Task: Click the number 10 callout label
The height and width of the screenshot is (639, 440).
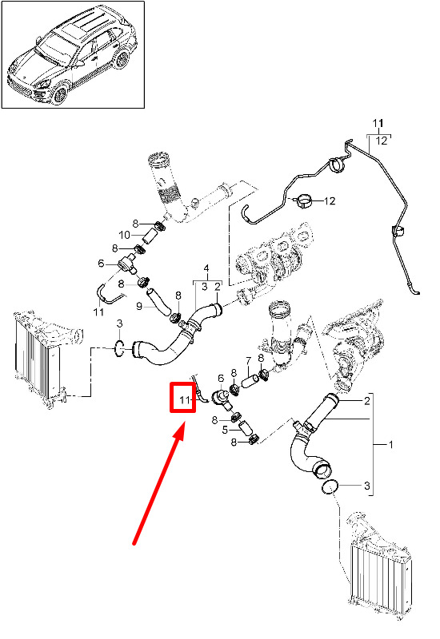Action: [x=124, y=235]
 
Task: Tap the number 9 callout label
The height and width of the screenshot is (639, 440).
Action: [x=139, y=306]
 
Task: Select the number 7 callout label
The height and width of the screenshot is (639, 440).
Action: [x=248, y=361]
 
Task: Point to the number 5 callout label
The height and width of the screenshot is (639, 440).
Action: [x=225, y=430]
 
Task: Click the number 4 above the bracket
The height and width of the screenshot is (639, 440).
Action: [x=206, y=268]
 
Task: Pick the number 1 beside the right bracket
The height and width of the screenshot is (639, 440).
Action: [x=390, y=444]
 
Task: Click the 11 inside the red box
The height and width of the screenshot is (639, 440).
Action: [x=185, y=400]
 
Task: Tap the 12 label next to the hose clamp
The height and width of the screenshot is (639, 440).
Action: [x=330, y=201]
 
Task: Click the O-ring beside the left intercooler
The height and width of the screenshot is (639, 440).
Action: [x=118, y=348]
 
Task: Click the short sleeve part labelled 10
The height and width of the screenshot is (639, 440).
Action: [x=150, y=236]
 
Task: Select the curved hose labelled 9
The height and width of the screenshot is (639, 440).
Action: [x=158, y=302]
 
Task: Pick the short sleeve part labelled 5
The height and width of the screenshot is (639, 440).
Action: [x=245, y=428]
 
